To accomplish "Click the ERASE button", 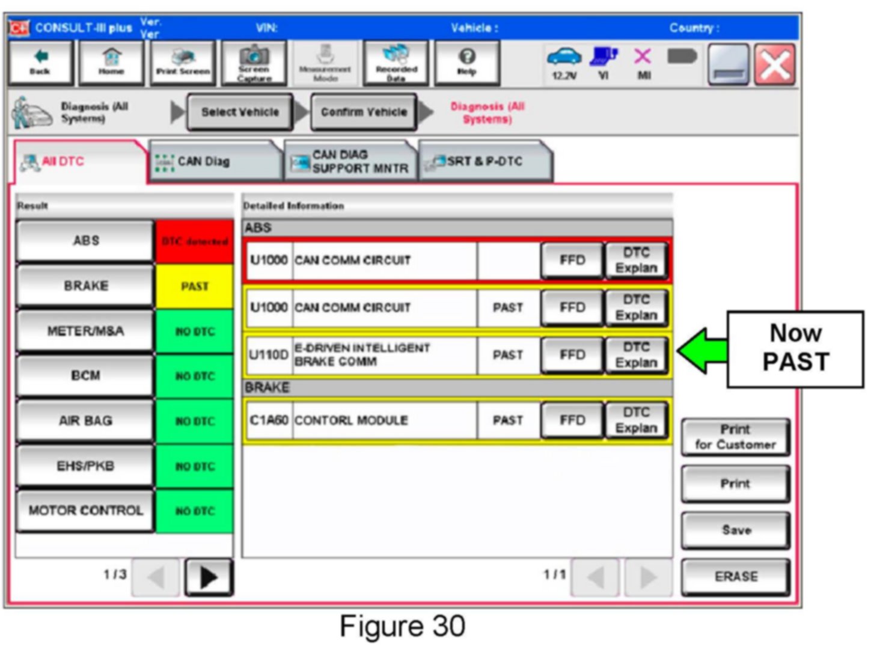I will pos(735,576).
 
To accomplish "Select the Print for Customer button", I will pos(735,437).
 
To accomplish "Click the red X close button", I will pos(775,64).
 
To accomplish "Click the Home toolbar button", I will pos(111,63).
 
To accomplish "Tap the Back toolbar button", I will pos(40,63).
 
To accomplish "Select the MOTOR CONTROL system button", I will pos(85,511).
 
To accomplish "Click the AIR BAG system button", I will pos(85,420).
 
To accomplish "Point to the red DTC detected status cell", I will pos(194,241).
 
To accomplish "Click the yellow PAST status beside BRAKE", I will pos(194,286).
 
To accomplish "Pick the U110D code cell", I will pos(269,355).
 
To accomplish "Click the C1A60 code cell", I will pos(269,420).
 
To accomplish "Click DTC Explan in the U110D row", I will pos(636,355).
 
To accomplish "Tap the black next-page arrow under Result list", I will pos(209,577).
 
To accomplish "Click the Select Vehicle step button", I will pos(240,112).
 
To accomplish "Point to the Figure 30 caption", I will pos(402,626).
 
